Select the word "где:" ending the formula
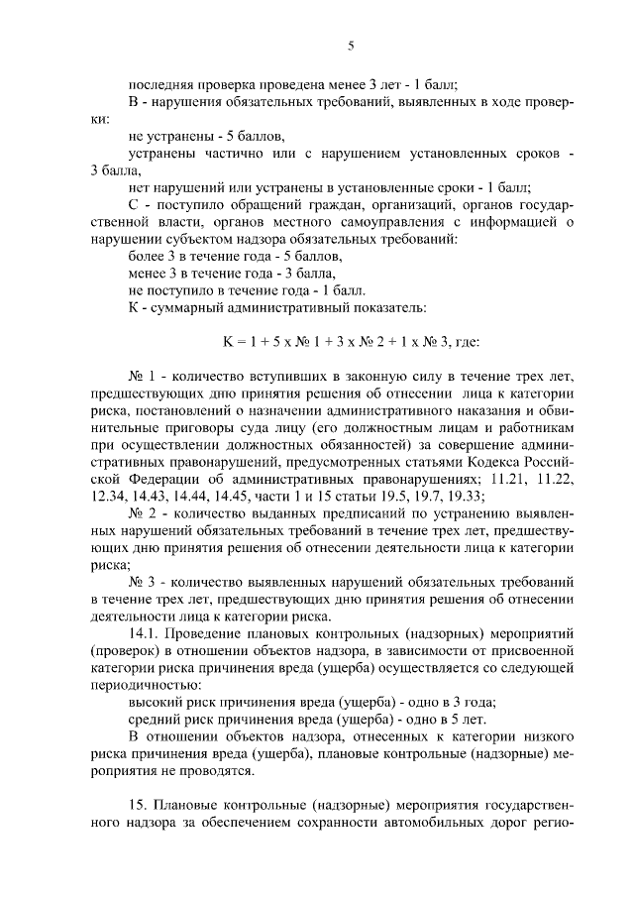466,342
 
